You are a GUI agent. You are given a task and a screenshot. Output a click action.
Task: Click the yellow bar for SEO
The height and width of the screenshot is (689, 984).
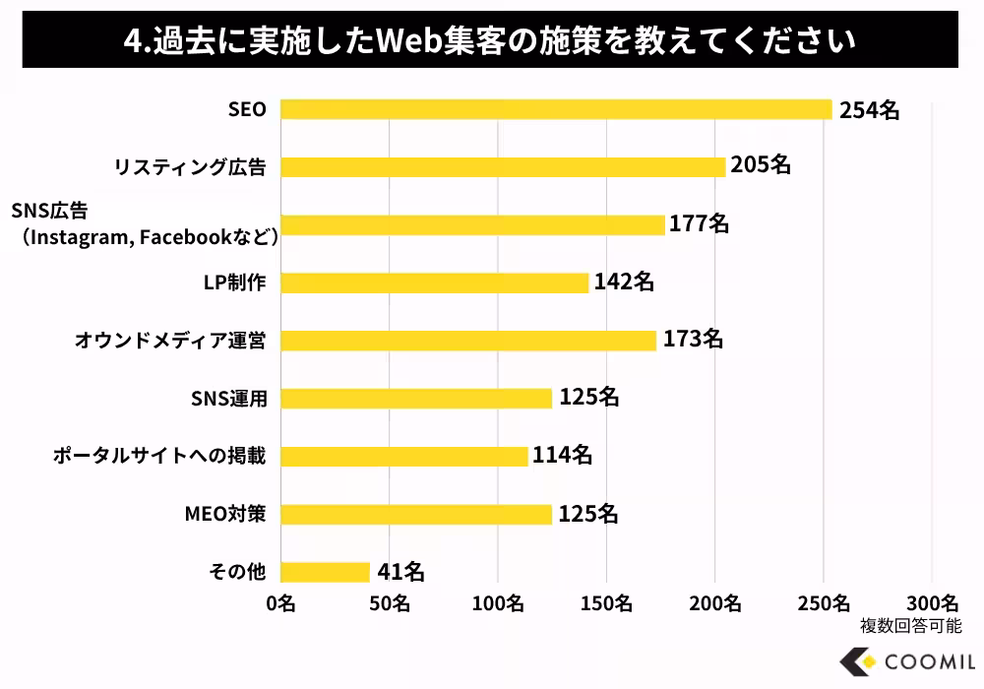point(556,109)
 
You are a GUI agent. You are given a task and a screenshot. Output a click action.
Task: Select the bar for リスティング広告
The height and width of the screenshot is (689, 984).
point(503,167)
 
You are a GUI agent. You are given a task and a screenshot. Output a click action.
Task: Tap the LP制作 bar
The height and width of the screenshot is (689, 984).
point(434,282)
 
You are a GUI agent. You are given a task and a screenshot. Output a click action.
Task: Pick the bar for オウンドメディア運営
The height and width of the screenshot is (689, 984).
point(467,341)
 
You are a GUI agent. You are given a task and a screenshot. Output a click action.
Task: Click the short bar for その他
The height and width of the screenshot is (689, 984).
point(325,572)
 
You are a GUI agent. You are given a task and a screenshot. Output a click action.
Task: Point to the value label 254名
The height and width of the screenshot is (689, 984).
point(870,109)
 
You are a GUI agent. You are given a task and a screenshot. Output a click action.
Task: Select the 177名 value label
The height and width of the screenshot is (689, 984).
point(700,224)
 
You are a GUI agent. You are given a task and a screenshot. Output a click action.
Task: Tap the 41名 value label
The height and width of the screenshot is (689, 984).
point(400,571)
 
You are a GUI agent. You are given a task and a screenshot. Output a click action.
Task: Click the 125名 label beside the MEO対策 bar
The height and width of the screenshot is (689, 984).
point(588,513)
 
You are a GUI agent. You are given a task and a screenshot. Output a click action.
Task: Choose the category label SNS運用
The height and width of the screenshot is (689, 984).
point(228,399)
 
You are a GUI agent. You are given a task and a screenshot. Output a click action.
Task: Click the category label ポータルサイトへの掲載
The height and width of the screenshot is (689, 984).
point(158,456)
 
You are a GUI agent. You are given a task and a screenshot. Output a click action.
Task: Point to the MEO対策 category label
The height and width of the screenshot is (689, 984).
point(224,514)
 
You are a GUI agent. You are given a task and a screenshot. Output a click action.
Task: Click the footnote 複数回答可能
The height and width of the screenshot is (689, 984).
point(910,624)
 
